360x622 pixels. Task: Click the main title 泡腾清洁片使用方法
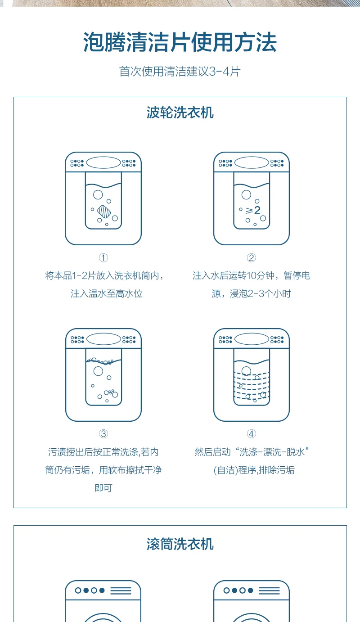coord(180,42)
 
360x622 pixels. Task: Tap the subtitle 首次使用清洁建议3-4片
coord(180,72)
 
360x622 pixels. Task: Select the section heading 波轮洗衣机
coord(180,113)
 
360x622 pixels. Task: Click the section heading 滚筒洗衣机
coord(180,544)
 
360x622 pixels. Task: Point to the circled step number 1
coord(103,258)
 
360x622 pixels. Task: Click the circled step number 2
coord(252,258)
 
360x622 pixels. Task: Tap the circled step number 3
coord(103,434)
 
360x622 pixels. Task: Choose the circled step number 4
coord(252,434)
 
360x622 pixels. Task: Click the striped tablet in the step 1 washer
coord(104,212)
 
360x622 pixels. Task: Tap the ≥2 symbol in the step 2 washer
coord(253,210)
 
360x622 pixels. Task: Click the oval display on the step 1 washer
coord(103,163)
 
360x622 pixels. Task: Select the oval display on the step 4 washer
coord(252,339)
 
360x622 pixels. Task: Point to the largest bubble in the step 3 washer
coord(98,371)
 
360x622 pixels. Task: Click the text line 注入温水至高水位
coord(107,293)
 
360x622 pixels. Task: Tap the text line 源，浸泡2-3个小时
coord(252,293)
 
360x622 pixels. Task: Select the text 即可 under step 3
coord(103,488)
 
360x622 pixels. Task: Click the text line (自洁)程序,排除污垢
coord(254,470)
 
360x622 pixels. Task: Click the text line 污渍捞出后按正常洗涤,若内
coord(103,452)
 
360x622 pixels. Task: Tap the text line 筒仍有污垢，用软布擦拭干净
coord(103,470)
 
